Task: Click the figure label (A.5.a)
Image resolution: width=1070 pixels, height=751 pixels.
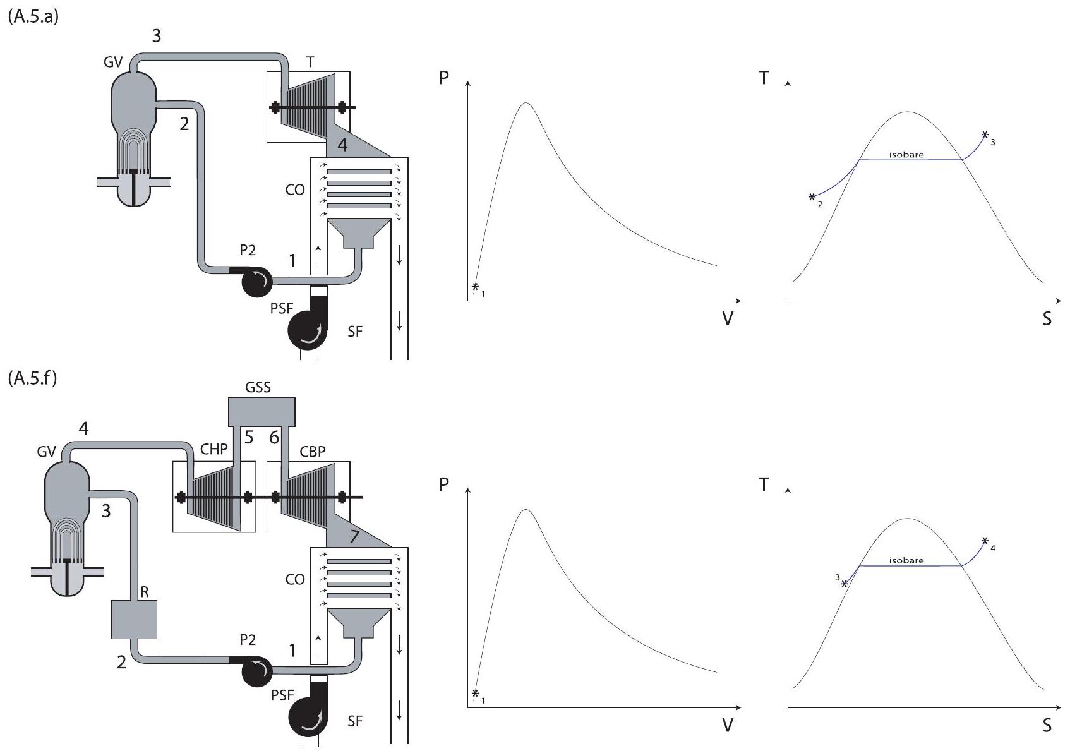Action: point(33,16)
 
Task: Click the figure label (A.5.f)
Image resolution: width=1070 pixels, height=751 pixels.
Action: point(32,378)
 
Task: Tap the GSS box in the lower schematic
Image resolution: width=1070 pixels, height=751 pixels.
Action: point(261,411)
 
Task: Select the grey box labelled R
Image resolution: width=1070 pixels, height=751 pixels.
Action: point(134,619)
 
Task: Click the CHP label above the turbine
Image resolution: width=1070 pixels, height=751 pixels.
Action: point(213,449)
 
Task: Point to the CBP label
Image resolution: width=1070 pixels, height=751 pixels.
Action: point(313,452)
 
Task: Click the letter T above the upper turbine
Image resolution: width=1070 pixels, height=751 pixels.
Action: point(310,62)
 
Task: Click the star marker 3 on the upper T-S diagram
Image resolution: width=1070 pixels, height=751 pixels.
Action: point(985,135)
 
